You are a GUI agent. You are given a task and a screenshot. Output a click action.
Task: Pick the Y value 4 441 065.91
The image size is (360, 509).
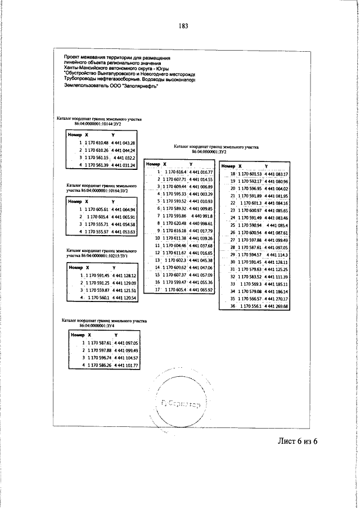tap(124, 217)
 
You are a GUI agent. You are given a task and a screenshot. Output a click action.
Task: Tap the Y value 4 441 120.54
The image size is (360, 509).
tap(124, 298)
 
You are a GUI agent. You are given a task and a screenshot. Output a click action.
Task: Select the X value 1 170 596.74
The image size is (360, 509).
tap(97, 357)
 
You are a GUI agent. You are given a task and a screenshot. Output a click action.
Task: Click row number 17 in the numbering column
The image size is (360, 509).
tap(158, 289)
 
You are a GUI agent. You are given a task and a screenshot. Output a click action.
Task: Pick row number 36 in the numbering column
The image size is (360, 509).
tap(233, 307)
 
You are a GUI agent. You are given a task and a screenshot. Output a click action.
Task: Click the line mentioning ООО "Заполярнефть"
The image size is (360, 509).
tap(112, 86)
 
